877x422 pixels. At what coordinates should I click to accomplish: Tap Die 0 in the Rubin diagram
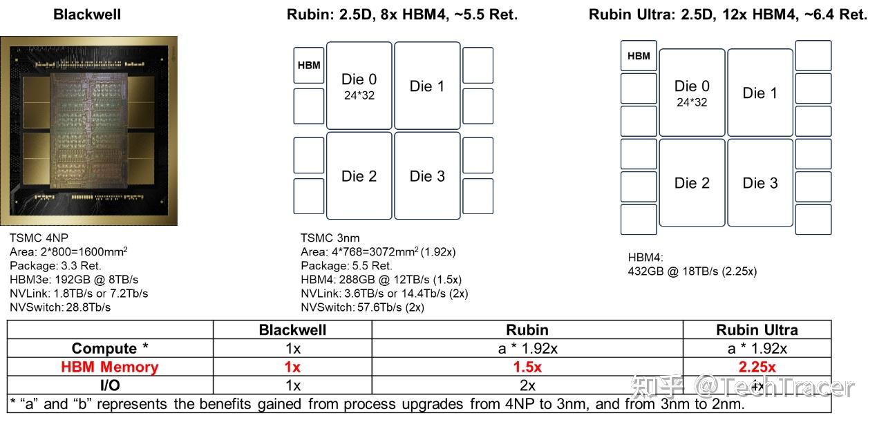pyautogui.click(x=359, y=86)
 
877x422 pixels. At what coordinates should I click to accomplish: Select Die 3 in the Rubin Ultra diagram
pyautogui.click(x=760, y=183)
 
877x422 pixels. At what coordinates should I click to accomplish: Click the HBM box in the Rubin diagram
pyautogui.click(x=309, y=66)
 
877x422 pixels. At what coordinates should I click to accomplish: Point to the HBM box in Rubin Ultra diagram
pyautogui.click(x=639, y=56)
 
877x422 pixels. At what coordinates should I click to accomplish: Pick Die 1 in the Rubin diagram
pyautogui.click(x=427, y=86)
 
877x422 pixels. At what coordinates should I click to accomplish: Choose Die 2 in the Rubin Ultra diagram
pyautogui.click(x=692, y=183)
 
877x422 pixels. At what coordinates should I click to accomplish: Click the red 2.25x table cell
pyautogui.click(x=757, y=367)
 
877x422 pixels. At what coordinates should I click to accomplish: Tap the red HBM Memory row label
pyautogui.click(x=109, y=367)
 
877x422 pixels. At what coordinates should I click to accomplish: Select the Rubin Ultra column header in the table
pyautogui.click(x=757, y=329)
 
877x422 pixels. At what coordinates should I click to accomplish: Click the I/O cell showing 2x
pyautogui.click(x=527, y=385)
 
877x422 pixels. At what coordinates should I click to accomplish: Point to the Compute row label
pyautogui.click(x=109, y=348)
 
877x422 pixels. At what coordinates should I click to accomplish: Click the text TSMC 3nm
pyautogui.click(x=330, y=238)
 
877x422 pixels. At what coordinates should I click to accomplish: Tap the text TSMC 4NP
pyautogui.click(x=39, y=238)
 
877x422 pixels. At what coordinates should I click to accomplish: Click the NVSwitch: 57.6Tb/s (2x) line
pyautogui.click(x=362, y=307)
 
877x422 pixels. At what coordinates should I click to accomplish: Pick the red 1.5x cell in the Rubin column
pyautogui.click(x=527, y=367)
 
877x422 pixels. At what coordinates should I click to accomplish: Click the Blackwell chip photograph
pyautogui.click(x=88, y=131)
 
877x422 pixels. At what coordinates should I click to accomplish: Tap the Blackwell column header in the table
pyautogui.click(x=292, y=329)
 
